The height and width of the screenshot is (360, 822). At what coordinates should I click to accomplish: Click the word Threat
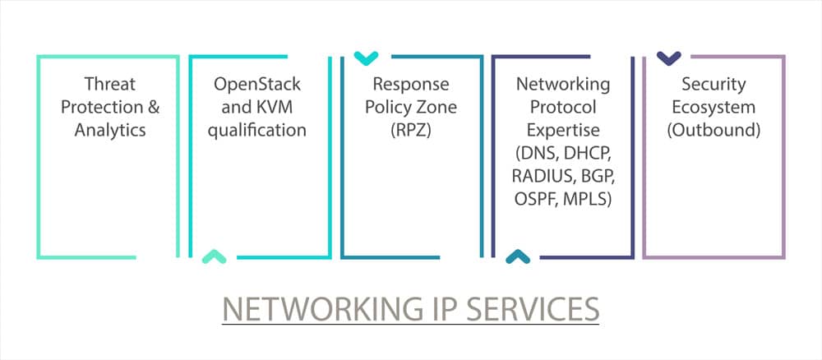pos(109,84)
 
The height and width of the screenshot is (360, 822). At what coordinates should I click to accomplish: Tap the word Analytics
pos(109,130)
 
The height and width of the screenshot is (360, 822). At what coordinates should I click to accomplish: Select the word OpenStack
pos(257,84)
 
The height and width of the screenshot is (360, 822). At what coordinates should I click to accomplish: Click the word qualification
pos(257,130)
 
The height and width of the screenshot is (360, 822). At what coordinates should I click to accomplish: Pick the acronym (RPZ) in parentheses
pos(410,130)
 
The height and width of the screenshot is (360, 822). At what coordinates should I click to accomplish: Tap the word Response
pos(410,84)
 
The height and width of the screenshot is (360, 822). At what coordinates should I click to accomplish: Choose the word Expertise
pos(563,130)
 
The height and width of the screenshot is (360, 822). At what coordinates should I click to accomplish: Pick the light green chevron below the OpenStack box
pos(214,257)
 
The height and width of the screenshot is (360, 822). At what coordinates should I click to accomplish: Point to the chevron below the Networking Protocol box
pos(517,257)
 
